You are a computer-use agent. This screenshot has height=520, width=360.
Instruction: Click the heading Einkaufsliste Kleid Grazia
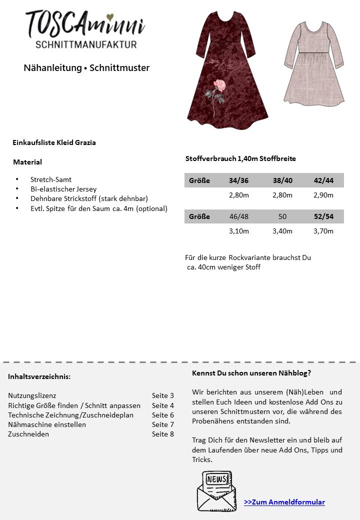pyautogui.click(x=54, y=142)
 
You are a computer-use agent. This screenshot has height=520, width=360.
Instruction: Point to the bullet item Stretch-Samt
pyautogui.click(x=51, y=179)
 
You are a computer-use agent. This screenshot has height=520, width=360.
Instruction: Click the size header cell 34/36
pyautogui.click(x=238, y=180)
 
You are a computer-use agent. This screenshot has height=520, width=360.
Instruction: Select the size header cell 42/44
pyautogui.click(x=323, y=180)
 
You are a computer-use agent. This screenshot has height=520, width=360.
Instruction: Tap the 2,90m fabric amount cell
pyautogui.click(x=323, y=195)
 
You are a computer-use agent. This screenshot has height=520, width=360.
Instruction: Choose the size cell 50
pyautogui.click(x=282, y=216)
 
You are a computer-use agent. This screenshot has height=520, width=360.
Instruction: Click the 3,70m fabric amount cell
pyautogui.click(x=323, y=231)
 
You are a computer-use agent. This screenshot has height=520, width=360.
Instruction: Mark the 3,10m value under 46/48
pyautogui.click(x=238, y=231)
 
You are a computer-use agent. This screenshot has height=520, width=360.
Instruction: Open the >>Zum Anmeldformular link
pyautogui.click(x=284, y=502)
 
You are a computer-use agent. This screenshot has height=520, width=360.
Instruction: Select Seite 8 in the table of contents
pyautogui.click(x=163, y=434)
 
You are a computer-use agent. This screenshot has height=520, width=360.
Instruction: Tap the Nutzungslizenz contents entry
pyautogui.click(x=32, y=395)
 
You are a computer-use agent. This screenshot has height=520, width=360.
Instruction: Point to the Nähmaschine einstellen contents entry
pyautogui.click(x=47, y=424)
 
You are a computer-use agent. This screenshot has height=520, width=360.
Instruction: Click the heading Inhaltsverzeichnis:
pyautogui.click(x=39, y=376)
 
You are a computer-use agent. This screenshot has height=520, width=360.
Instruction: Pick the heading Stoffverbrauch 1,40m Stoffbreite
pyautogui.click(x=240, y=158)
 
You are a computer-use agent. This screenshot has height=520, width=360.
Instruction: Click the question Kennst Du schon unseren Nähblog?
pyautogui.click(x=251, y=373)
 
